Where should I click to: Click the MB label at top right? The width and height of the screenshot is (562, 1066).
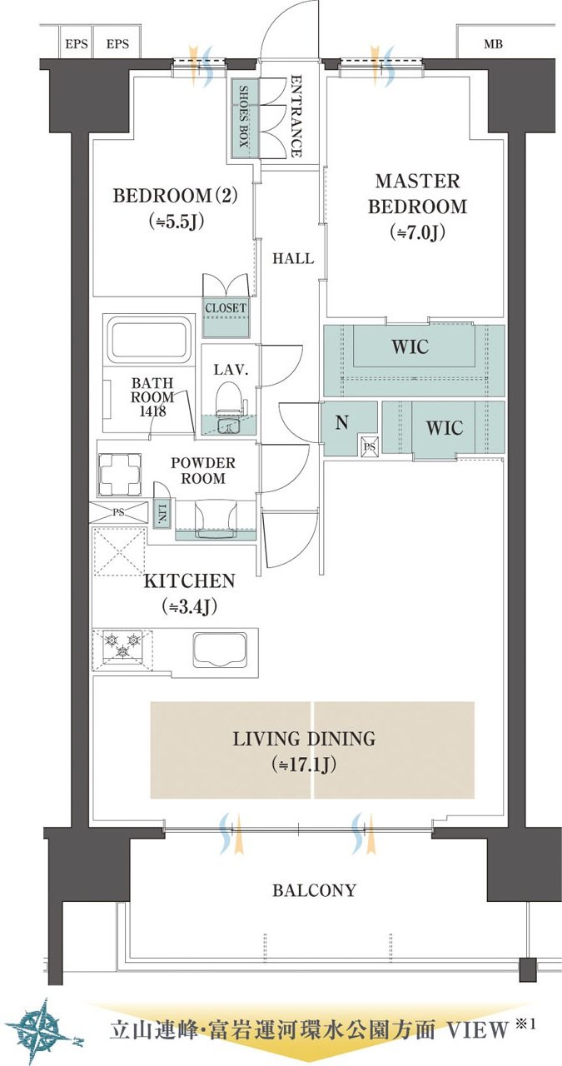493,44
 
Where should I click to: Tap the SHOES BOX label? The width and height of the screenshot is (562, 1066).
243,116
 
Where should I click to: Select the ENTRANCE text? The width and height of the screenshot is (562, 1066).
296,115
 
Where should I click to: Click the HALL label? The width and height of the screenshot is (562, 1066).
293,258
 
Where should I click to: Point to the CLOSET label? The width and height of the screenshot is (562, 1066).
226,308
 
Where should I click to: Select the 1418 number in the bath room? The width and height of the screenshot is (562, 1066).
152,411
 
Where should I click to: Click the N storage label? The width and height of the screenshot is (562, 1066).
341,421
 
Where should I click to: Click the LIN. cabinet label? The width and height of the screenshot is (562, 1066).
162,512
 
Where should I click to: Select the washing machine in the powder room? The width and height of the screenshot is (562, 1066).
119,475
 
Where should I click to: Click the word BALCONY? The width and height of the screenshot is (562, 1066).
314,890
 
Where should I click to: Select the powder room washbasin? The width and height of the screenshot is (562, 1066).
216,519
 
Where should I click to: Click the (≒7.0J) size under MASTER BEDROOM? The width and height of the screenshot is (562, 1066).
417,232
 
